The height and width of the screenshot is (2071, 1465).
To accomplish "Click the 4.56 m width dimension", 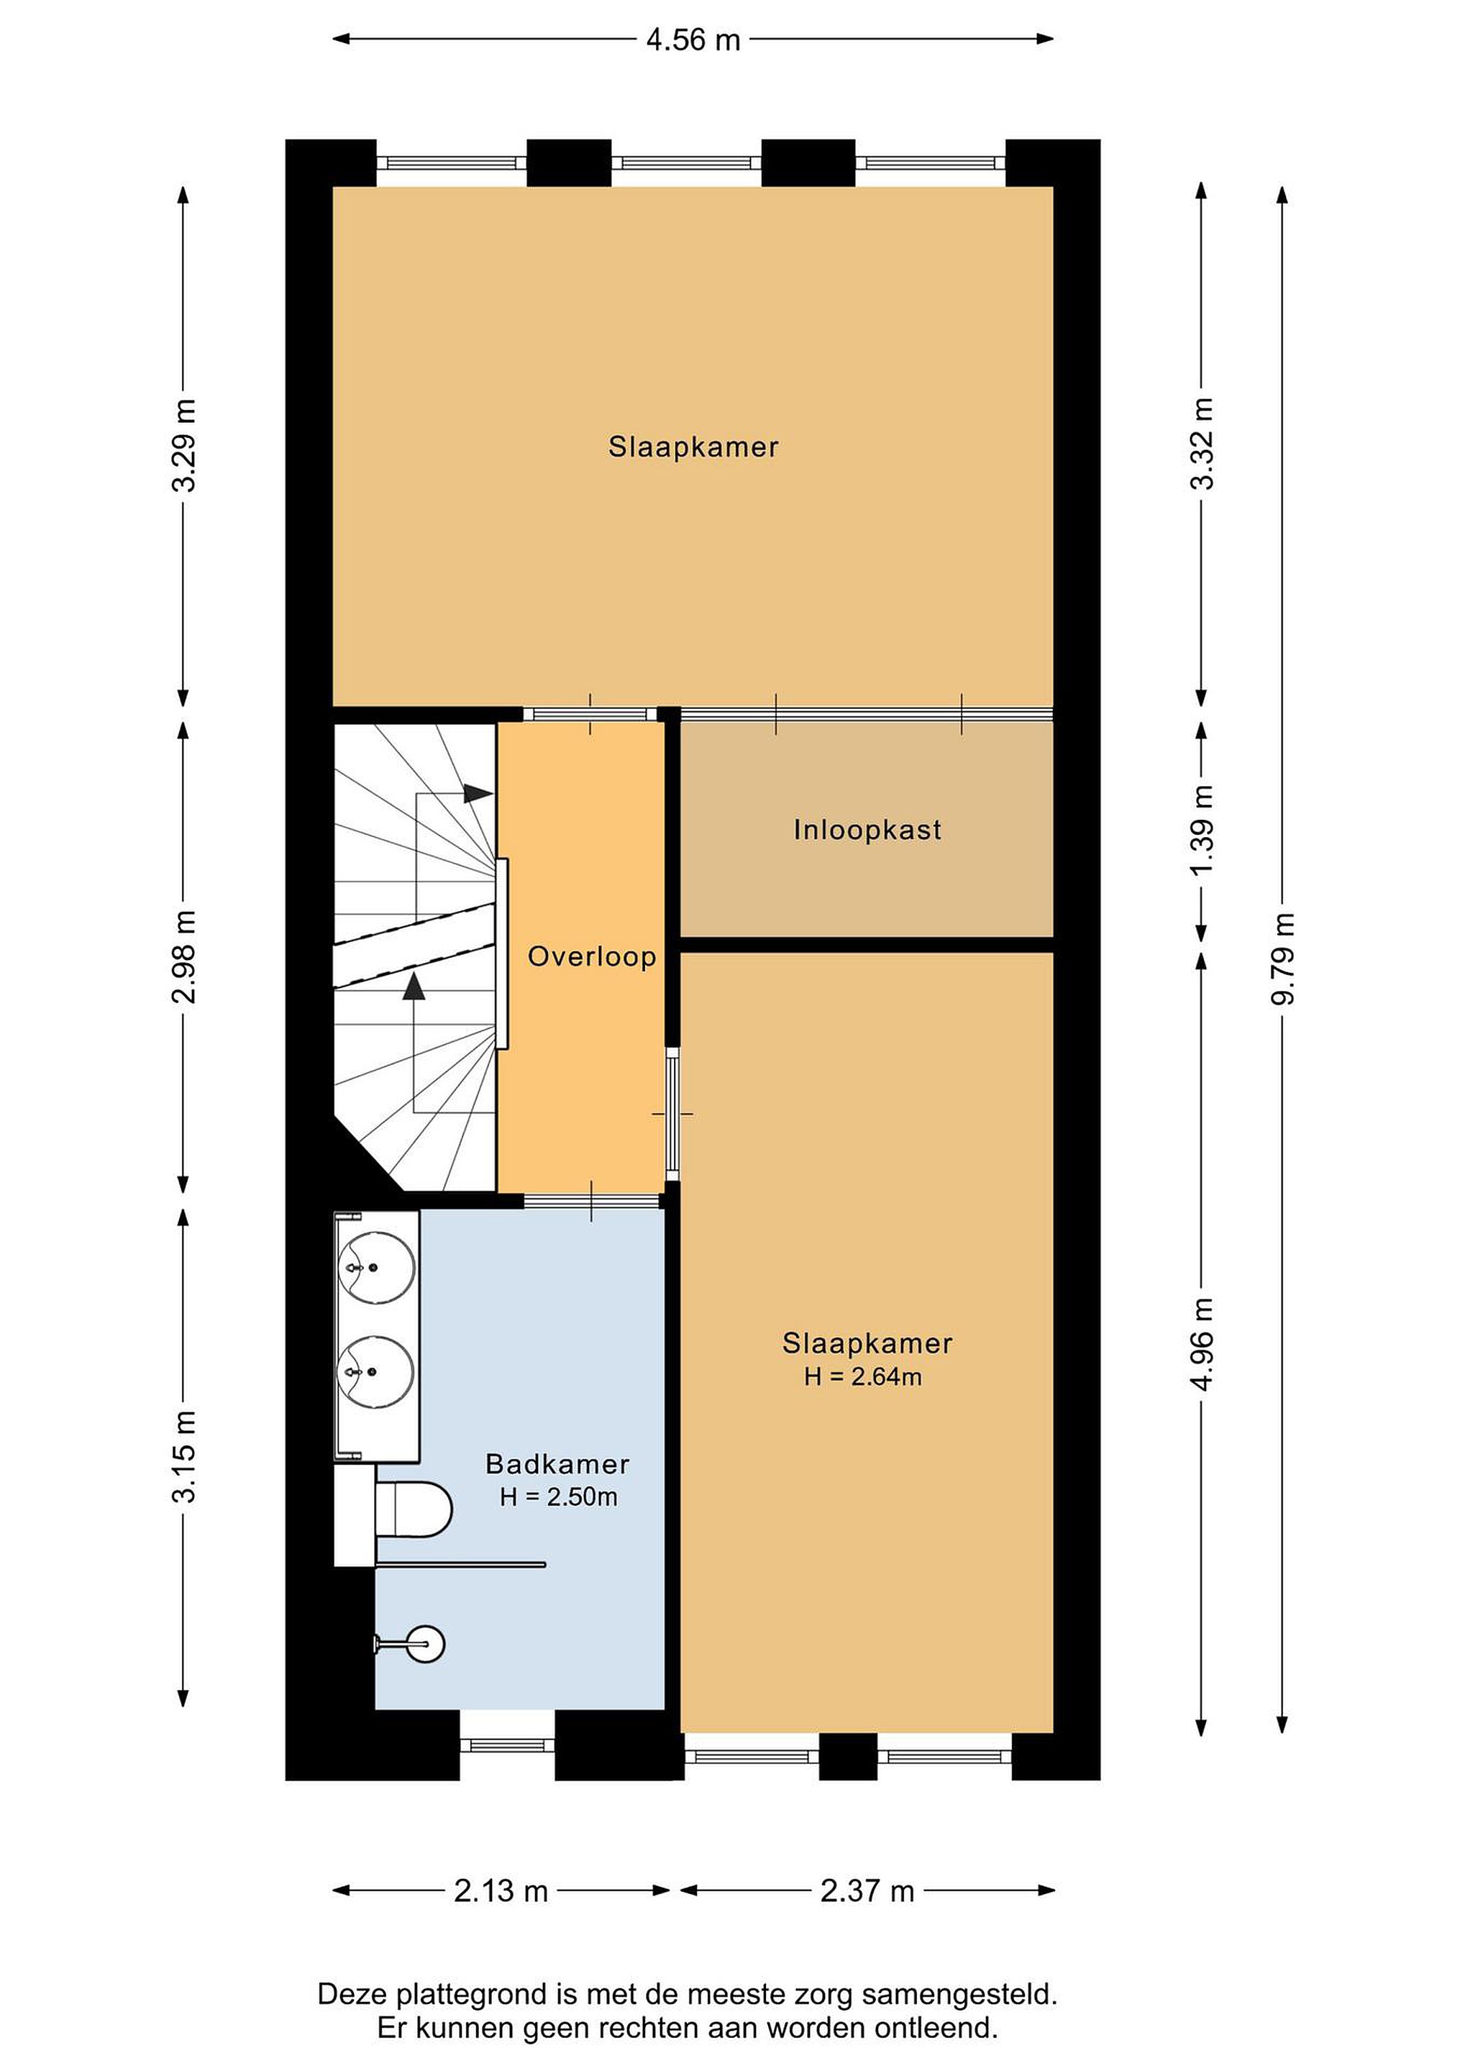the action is [693, 40].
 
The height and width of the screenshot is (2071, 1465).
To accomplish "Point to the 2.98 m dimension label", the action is [183, 957].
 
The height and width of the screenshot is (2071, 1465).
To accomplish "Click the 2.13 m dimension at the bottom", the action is [501, 1891].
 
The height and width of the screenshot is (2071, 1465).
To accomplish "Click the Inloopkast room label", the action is [867, 830].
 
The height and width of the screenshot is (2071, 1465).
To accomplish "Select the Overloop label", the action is [592, 956].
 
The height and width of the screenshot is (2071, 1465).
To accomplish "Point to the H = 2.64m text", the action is [863, 1376].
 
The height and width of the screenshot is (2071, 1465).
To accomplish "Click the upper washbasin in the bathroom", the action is [376, 1267].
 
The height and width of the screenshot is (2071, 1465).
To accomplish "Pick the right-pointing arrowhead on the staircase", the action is [478, 794].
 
